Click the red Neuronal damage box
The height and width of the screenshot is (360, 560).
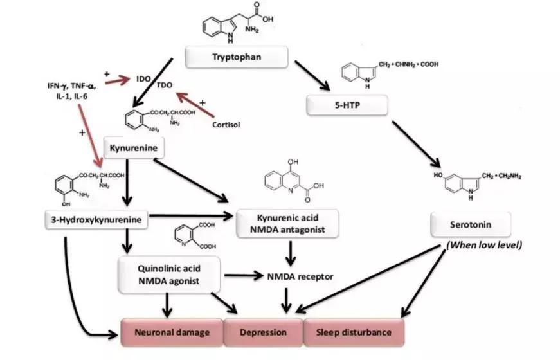pos(172,332)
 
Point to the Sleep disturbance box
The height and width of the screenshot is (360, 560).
pos(354,332)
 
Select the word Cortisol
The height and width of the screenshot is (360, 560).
pos(226,124)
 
